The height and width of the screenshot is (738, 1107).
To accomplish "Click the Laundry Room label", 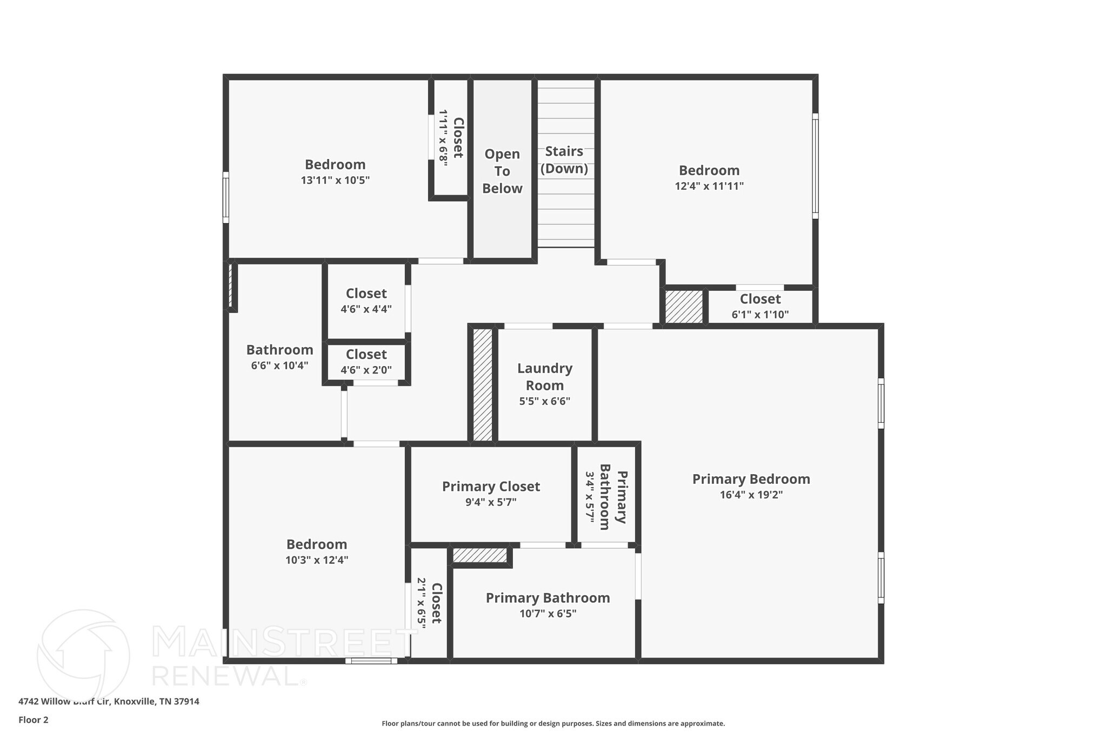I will [544, 377].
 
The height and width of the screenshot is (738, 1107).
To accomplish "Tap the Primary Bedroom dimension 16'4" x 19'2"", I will [751, 495].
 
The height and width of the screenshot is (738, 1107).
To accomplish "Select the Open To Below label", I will [502, 171].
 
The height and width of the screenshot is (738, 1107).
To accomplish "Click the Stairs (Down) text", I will [564, 159].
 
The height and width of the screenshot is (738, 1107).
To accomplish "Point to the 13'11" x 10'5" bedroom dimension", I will [335, 180].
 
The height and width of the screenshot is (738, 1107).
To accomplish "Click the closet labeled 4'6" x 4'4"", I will [366, 301].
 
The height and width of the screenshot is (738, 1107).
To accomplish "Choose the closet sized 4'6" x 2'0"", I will [366, 362].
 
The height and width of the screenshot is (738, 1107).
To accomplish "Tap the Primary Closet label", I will [491, 487].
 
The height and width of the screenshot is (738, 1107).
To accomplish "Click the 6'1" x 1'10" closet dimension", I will [760, 315].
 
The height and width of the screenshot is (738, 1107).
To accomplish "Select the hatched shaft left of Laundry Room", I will [483, 384].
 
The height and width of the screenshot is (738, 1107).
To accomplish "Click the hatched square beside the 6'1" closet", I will [683, 307].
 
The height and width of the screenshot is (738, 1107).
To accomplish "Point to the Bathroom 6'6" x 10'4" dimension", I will [279, 365].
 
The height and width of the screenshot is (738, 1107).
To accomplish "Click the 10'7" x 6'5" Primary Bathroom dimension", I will [548, 614].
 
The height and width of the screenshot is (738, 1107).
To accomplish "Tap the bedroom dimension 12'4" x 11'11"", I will [709, 186].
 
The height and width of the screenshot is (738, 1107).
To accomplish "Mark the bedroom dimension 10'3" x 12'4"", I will [317, 560].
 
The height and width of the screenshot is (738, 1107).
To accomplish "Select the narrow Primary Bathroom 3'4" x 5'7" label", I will [605, 497].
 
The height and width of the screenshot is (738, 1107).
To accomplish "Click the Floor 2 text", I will [34, 720].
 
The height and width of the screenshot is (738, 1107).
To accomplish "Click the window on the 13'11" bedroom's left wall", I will [226, 197].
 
